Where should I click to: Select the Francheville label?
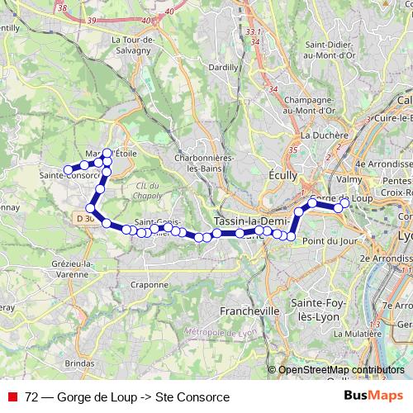click(250, 311)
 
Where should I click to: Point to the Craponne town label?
click(149, 284)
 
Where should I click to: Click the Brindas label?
click(79, 362)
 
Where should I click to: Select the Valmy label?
click(350, 178)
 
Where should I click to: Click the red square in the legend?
click(12, 396)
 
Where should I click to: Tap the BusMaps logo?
click(374, 396)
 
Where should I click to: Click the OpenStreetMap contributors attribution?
click(341, 370)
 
